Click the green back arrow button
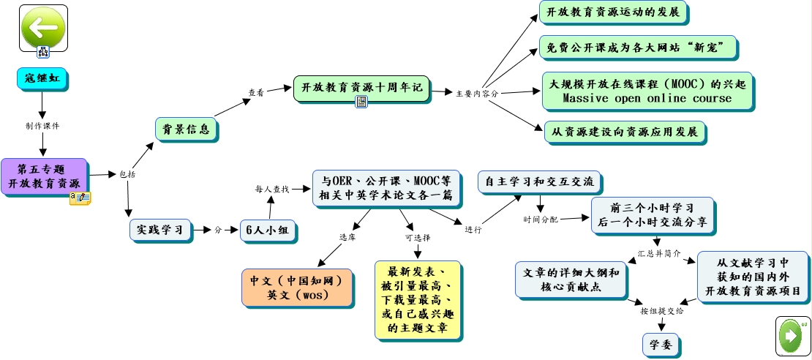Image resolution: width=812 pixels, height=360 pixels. [43, 28]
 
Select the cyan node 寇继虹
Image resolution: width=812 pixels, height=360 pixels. [42, 79]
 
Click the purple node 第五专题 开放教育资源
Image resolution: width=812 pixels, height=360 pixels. [45, 176]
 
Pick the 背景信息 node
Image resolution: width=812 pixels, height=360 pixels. [187, 129]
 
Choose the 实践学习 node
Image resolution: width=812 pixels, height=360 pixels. [160, 230]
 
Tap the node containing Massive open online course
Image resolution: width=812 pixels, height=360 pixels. [647, 91]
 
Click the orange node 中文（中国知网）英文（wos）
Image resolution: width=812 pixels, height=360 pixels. [297, 288]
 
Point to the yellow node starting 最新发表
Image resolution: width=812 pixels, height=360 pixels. [418, 300]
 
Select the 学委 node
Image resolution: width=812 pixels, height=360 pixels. [661, 345]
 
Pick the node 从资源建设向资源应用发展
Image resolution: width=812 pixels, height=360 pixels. [625, 132]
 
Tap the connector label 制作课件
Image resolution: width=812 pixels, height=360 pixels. [42, 125]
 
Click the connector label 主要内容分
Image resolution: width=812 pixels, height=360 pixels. [477, 94]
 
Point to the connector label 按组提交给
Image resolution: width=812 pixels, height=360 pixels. [662, 311]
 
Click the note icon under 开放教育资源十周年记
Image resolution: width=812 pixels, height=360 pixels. [361, 102]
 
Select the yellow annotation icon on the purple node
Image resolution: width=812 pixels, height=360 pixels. [80, 198]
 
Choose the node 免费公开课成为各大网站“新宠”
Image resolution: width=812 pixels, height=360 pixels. [639, 48]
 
